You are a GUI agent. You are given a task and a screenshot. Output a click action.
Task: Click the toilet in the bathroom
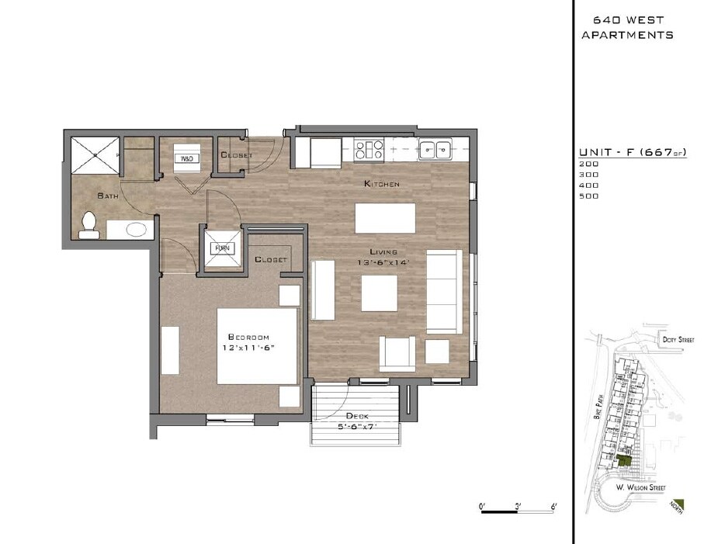[x=88, y=224]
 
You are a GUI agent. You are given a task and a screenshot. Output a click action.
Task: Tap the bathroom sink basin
[x=137, y=230]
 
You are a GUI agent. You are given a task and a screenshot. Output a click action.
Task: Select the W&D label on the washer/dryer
[x=187, y=158]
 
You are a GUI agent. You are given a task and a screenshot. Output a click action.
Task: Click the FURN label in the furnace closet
[x=222, y=249]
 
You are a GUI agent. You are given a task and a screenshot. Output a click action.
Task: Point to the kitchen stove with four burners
[x=369, y=149]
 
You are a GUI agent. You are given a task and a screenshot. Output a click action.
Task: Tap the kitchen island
[x=385, y=217]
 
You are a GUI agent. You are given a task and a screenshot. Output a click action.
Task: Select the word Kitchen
[x=382, y=184]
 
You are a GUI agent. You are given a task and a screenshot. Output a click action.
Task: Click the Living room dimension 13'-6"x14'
[x=383, y=262]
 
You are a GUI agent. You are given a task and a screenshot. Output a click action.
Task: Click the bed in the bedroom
[x=257, y=346]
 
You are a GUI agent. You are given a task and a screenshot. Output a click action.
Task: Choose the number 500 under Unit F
[x=589, y=196]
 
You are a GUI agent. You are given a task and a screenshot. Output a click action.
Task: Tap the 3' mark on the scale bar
[x=518, y=506]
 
